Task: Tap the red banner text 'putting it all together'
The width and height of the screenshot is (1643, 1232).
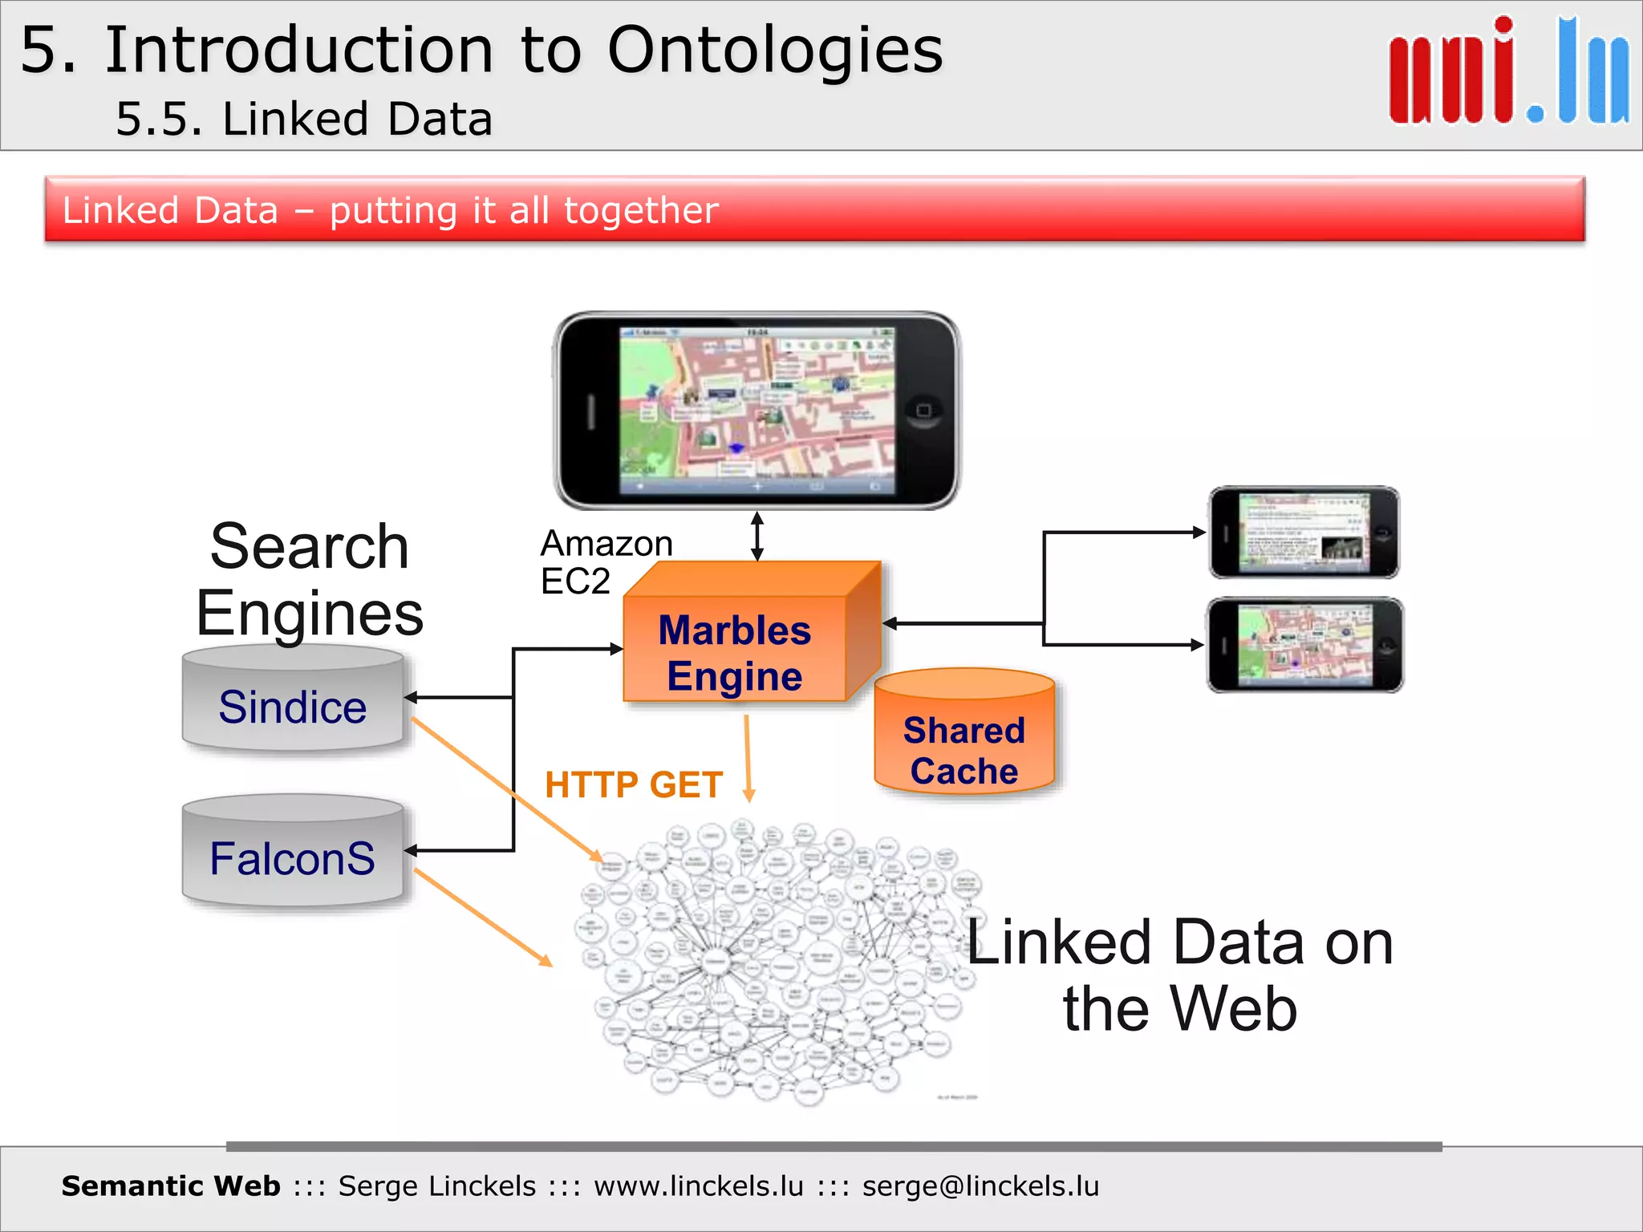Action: [523, 210]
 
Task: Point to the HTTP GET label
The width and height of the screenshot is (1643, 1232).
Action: [634, 784]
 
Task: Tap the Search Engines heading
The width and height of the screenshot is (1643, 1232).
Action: [309, 579]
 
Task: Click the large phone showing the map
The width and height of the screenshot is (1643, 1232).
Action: [757, 411]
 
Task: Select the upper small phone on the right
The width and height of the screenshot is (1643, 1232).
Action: [1304, 532]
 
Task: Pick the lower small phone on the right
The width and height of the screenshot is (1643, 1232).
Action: [1304, 645]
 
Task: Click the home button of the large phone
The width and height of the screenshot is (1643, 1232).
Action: [923, 411]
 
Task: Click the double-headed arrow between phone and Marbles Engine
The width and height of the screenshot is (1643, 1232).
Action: [757, 537]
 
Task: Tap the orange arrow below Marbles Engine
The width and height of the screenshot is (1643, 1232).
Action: [748, 758]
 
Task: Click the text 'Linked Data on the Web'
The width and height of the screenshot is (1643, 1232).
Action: [1179, 975]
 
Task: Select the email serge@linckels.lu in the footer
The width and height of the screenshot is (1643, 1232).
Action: [980, 1185]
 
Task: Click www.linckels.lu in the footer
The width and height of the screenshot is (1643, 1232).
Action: [698, 1185]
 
